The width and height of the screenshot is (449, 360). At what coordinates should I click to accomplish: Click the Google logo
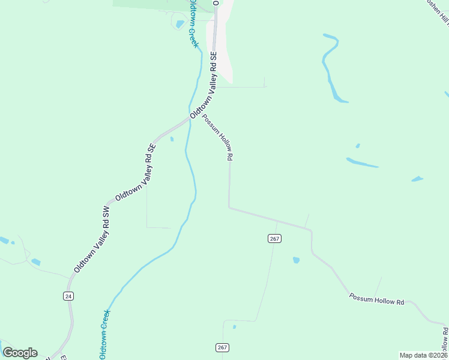tap(20, 353)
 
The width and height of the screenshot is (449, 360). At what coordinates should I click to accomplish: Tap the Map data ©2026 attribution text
tap(423, 355)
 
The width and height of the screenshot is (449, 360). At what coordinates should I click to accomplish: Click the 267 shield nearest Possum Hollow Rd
tap(274, 238)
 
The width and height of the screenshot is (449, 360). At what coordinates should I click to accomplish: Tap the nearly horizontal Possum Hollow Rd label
tap(376, 298)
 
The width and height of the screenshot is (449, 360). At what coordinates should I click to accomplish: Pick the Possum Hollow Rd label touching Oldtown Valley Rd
tap(217, 137)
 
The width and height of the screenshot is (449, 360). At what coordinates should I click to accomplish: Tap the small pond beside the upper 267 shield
tap(296, 260)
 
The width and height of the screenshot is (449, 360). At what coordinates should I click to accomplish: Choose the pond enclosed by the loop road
tap(180, 24)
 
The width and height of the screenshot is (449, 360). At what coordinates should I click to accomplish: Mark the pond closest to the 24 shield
tap(35, 262)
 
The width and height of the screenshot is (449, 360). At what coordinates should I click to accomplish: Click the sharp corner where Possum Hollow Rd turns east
tap(229, 208)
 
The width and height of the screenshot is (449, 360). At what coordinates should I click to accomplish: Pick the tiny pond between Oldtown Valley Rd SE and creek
tap(172, 139)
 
